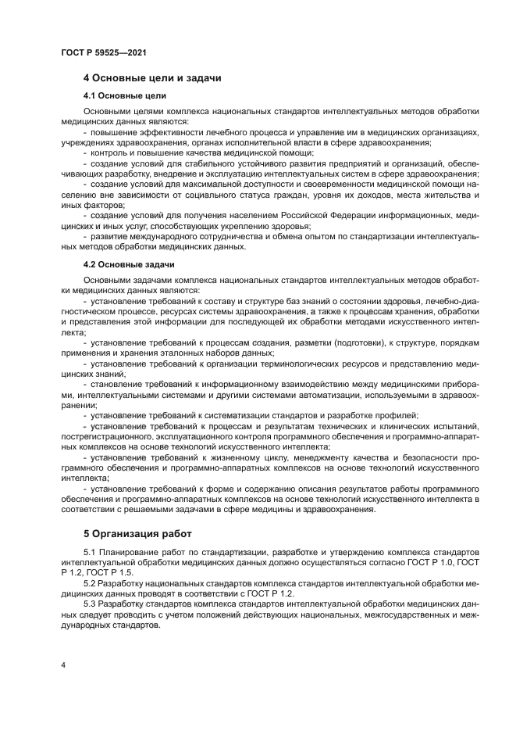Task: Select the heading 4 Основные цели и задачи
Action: coord(152,78)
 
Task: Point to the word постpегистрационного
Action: coord(107,435)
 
